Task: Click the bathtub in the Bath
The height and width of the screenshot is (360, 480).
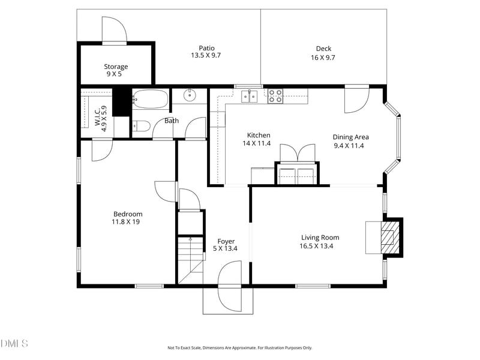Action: click(x=151, y=99)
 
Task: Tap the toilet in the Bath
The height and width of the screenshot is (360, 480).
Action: click(x=141, y=126)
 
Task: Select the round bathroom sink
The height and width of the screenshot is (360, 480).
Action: click(x=190, y=95)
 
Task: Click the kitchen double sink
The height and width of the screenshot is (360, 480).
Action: click(x=250, y=97)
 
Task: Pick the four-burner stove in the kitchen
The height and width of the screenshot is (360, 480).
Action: click(x=275, y=96)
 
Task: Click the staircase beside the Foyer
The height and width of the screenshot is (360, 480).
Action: click(x=191, y=260)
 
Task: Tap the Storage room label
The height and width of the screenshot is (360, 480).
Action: click(x=116, y=67)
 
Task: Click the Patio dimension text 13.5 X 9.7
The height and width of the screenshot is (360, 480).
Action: click(x=206, y=55)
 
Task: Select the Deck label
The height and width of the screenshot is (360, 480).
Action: click(x=323, y=49)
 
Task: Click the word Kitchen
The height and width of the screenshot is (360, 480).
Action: click(x=259, y=136)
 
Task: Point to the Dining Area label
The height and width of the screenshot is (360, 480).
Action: click(x=350, y=137)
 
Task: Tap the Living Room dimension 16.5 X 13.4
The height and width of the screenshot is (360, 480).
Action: click(x=316, y=246)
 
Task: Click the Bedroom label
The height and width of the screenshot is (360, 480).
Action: click(x=128, y=214)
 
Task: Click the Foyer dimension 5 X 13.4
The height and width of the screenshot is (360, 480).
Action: click(x=226, y=248)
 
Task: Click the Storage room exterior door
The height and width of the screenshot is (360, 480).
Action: click(x=114, y=30)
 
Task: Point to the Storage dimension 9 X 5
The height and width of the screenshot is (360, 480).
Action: click(x=114, y=74)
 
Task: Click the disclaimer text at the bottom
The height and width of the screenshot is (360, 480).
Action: click(x=239, y=348)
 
